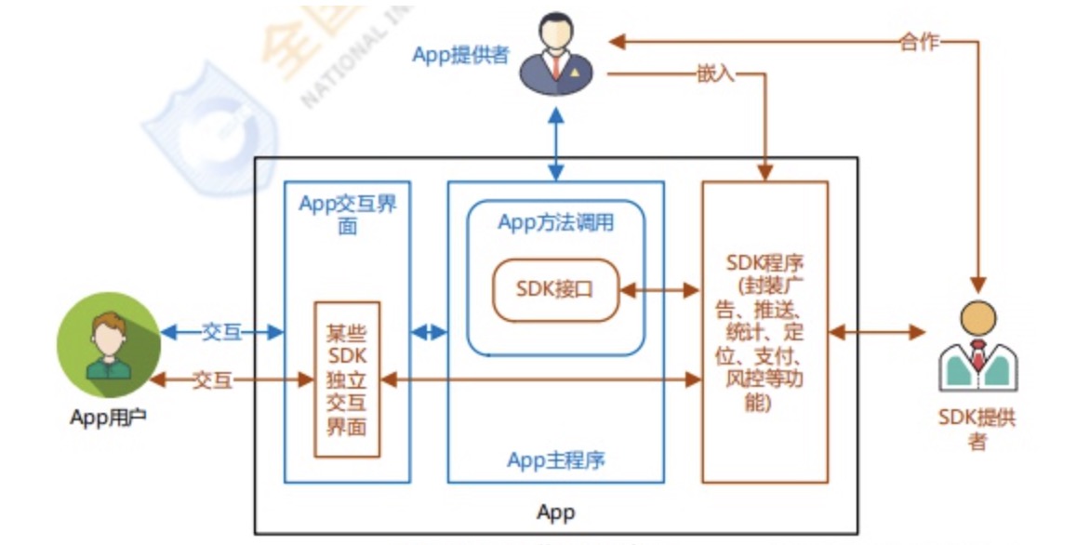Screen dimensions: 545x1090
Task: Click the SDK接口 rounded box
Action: pyautogui.click(x=555, y=289)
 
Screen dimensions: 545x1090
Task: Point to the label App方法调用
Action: pyautogui.click(x=556, y=222)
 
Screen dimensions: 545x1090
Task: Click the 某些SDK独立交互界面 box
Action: pyautogui.click(x=347, y=379)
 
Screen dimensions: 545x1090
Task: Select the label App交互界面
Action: pyautogui.click(x=347, y=215)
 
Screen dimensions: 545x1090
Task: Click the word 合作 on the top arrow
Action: pyautogui.click(x=919, y=41)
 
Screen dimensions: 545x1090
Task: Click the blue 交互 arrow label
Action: pyautogui.click(x=221, y=332)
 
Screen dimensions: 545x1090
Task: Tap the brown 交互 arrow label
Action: pyautogui.click(x=212, y=379)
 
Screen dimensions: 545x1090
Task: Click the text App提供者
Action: pyautogui.click(x=460, y=55)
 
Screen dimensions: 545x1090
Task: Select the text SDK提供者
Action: pyautogui.click(x=977, y=429)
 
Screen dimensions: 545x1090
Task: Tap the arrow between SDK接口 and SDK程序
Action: pyautogui.click(x=659, y=290)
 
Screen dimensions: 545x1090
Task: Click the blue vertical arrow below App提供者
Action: pyautogui.click(x=556, y=142)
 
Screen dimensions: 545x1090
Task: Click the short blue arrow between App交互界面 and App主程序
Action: pyautogui.click(x=429, y=332)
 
